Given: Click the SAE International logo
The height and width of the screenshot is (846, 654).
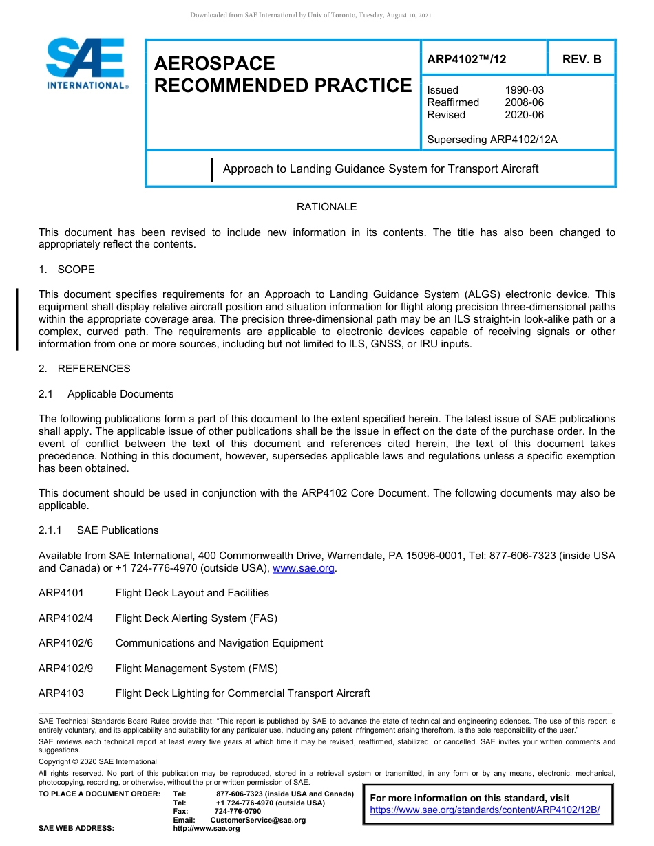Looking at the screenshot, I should point(86,63).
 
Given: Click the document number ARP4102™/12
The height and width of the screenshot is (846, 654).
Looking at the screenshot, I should point(466,59).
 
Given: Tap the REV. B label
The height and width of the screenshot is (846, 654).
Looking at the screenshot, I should point(581,59).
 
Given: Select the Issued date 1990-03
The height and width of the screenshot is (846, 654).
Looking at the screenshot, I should point(524,90).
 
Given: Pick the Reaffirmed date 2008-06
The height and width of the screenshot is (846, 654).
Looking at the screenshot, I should point(524,102).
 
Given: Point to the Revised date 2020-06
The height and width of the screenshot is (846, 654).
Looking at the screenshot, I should point(524,115).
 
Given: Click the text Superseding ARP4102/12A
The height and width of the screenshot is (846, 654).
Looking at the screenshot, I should point(492,140).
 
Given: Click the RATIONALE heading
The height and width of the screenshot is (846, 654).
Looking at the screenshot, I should point(326,207).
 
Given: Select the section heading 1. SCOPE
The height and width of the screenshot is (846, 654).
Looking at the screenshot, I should point(67,270).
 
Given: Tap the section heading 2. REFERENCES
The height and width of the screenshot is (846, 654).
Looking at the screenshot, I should point(84,369).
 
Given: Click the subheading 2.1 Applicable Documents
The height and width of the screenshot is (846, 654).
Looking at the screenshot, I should point(106,394).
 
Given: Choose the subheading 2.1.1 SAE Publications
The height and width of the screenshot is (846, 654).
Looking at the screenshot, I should point(98,530).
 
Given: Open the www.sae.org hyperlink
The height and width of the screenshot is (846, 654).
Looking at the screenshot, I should point(304,568).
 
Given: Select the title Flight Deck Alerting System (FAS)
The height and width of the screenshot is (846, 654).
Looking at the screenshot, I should point(196,618).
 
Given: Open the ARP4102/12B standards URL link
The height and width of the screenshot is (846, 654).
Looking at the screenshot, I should point(485,810).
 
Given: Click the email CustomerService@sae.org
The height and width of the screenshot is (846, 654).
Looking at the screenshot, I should point(257,820).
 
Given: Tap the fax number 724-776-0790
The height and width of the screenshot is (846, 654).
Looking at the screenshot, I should point(238,812).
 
